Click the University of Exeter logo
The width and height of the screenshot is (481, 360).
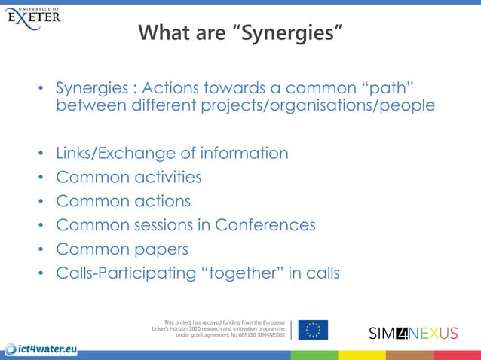point(35,16)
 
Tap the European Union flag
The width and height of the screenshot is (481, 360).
point(313,329)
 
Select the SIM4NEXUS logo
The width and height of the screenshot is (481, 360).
point(413,332)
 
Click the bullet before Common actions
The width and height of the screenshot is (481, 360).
point(41,203)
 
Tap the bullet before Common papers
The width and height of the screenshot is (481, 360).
point(41,250)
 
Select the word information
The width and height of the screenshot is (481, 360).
point(241,154)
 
